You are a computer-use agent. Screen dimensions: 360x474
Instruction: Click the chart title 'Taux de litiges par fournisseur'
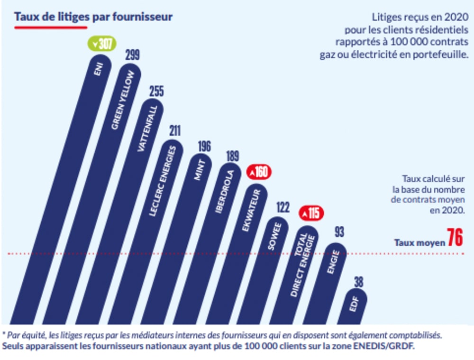[x=93, y=17]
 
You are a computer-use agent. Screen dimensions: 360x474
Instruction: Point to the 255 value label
[x=156, y=92]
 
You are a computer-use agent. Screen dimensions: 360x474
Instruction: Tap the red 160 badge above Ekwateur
[x=259, y=172]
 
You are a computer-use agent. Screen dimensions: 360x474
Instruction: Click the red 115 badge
[x=311, y=213]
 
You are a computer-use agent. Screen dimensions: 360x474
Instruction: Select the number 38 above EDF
[x=359, y=282]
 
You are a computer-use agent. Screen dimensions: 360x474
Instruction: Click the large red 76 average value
[x=455, y=238]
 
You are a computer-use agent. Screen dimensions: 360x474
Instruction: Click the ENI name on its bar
[x=99, y=71]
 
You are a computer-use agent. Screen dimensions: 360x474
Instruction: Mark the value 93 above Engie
[x=338, y=232]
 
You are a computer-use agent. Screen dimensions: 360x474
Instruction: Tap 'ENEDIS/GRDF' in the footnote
[x=385, y=346]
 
